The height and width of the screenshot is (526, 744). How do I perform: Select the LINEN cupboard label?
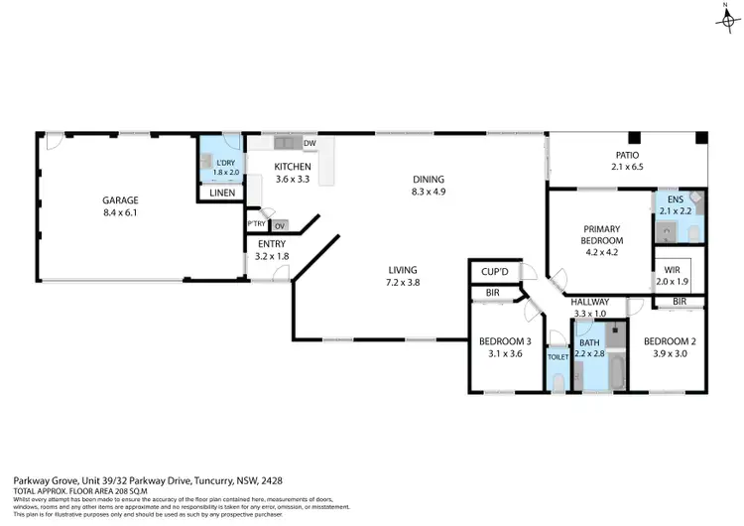222,193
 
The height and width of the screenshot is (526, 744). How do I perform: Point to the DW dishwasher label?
310,143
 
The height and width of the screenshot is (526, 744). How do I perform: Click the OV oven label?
280,226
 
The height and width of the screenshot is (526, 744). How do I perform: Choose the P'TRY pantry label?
256,225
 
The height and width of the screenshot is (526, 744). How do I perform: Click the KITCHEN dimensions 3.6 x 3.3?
293,180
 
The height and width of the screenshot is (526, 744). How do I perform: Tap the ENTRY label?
273,243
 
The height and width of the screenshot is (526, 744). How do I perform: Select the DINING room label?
429,180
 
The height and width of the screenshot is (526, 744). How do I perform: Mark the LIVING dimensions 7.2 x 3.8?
403,283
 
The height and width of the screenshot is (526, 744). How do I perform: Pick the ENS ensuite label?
676,198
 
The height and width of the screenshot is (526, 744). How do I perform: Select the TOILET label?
557,356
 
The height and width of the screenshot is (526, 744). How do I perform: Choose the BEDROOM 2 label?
669,342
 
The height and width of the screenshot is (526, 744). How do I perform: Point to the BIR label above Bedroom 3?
492,293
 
